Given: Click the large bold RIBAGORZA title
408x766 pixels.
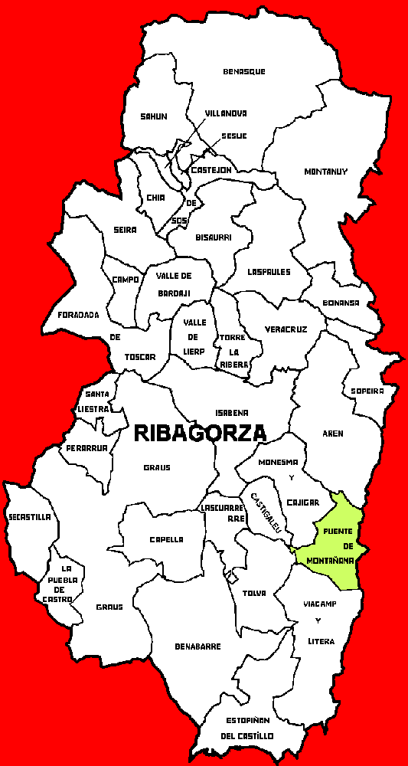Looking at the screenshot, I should pos(200,433).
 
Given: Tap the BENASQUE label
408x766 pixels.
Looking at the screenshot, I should pos(244,71).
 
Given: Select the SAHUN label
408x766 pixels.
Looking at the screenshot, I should pos(153,116).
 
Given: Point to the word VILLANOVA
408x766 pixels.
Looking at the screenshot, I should pos(226,113).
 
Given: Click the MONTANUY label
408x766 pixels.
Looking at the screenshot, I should pos(325,171).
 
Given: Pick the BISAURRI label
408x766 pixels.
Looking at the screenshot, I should pos(214,237).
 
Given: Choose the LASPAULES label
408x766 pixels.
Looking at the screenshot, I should pos(269,271).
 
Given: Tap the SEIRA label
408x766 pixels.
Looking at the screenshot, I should pos(124,230).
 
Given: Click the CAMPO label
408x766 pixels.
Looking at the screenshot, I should pos(125,280).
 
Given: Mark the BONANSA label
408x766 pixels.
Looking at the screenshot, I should pos(341,303).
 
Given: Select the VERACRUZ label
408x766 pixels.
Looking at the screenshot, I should pos(286,329).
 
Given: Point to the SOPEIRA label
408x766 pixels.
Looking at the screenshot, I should pos(367,391).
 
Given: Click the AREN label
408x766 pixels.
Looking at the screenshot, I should pos(333,434).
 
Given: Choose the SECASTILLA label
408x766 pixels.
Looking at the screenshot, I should pos(30,517).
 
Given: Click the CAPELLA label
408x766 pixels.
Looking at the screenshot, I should pos(166,539).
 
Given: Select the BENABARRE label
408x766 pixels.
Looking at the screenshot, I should pos(198,647).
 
